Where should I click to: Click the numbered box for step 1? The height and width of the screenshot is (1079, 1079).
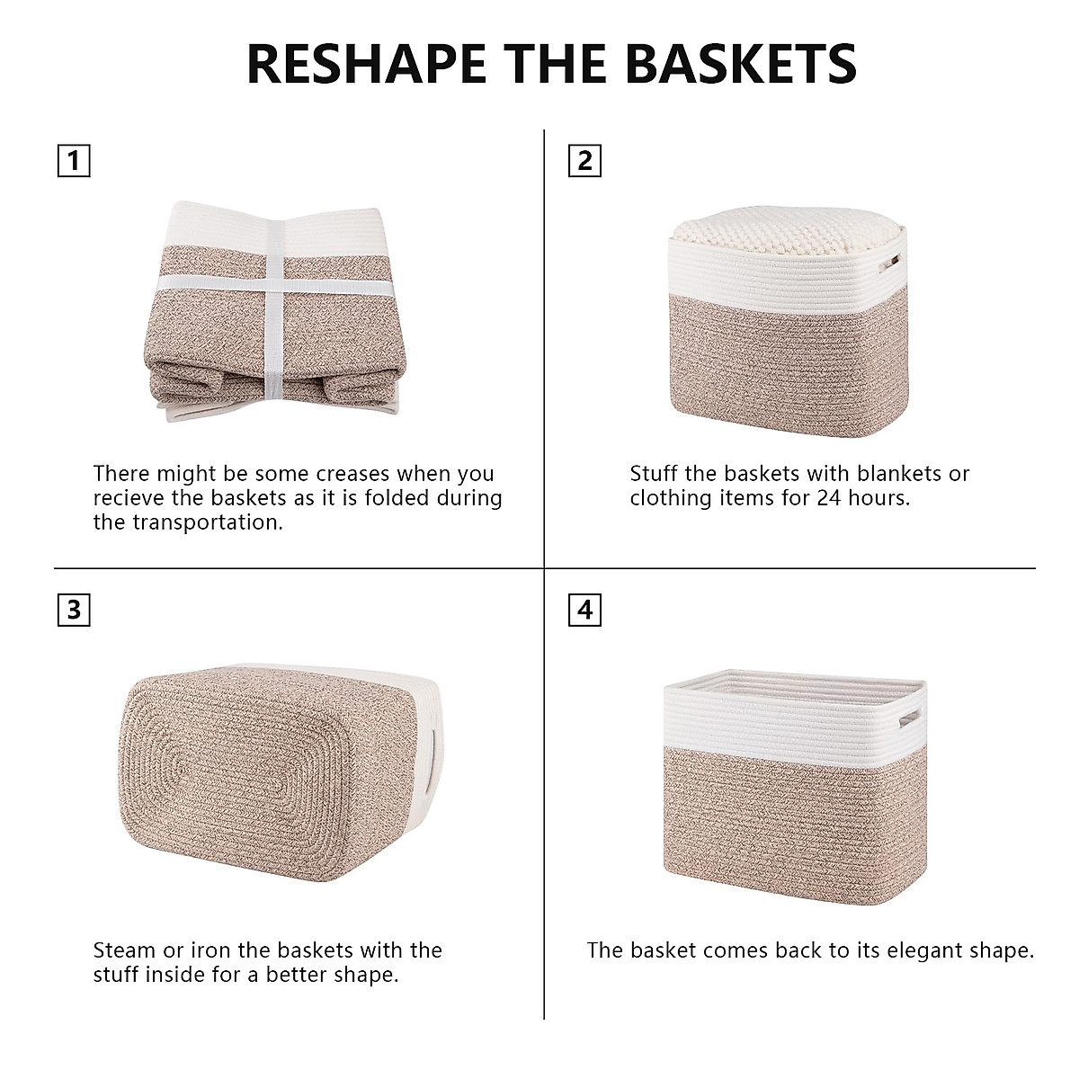(74, 161)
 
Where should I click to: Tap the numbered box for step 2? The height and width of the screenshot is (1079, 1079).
(585, 161)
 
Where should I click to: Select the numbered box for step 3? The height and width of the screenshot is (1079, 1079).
(74, 610)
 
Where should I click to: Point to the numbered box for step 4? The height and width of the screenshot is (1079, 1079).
(585, 610)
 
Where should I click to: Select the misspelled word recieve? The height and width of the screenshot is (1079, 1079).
(132, 498)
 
